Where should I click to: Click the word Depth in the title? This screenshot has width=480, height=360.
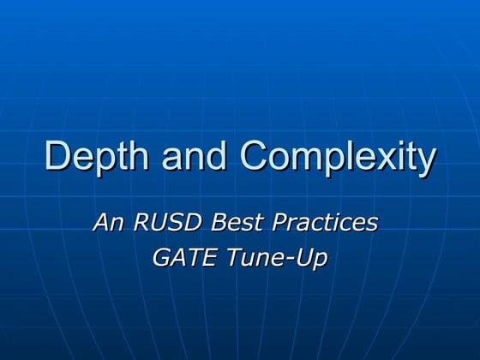[x=97, y=157]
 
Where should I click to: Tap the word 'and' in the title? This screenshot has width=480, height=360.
[x=194, y=155]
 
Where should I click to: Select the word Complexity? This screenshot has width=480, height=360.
[x=338, y=158]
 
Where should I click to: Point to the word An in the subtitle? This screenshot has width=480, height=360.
[x=109, y=222]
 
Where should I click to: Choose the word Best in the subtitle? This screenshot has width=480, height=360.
[x=237, y=222]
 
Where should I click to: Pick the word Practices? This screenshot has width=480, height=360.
[x=325, y=222]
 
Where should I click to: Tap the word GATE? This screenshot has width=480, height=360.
[x=185, y=257]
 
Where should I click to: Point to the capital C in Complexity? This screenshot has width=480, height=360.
[x=254, y=155]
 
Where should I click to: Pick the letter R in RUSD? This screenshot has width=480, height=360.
[x=141, y=222]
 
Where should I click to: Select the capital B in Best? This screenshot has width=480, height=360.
[x=219, y=222]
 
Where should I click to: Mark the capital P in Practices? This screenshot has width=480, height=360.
[x=280, y=222]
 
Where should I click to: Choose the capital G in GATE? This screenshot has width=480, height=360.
[x=161, y=257]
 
